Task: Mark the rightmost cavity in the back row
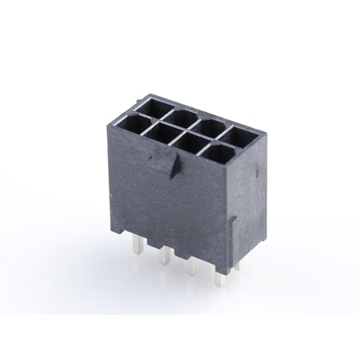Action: tap(242, 134)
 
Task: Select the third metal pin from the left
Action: tap(192, 267)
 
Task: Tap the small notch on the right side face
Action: tap(231, 219)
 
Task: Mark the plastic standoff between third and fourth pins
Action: tap(206, 265)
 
